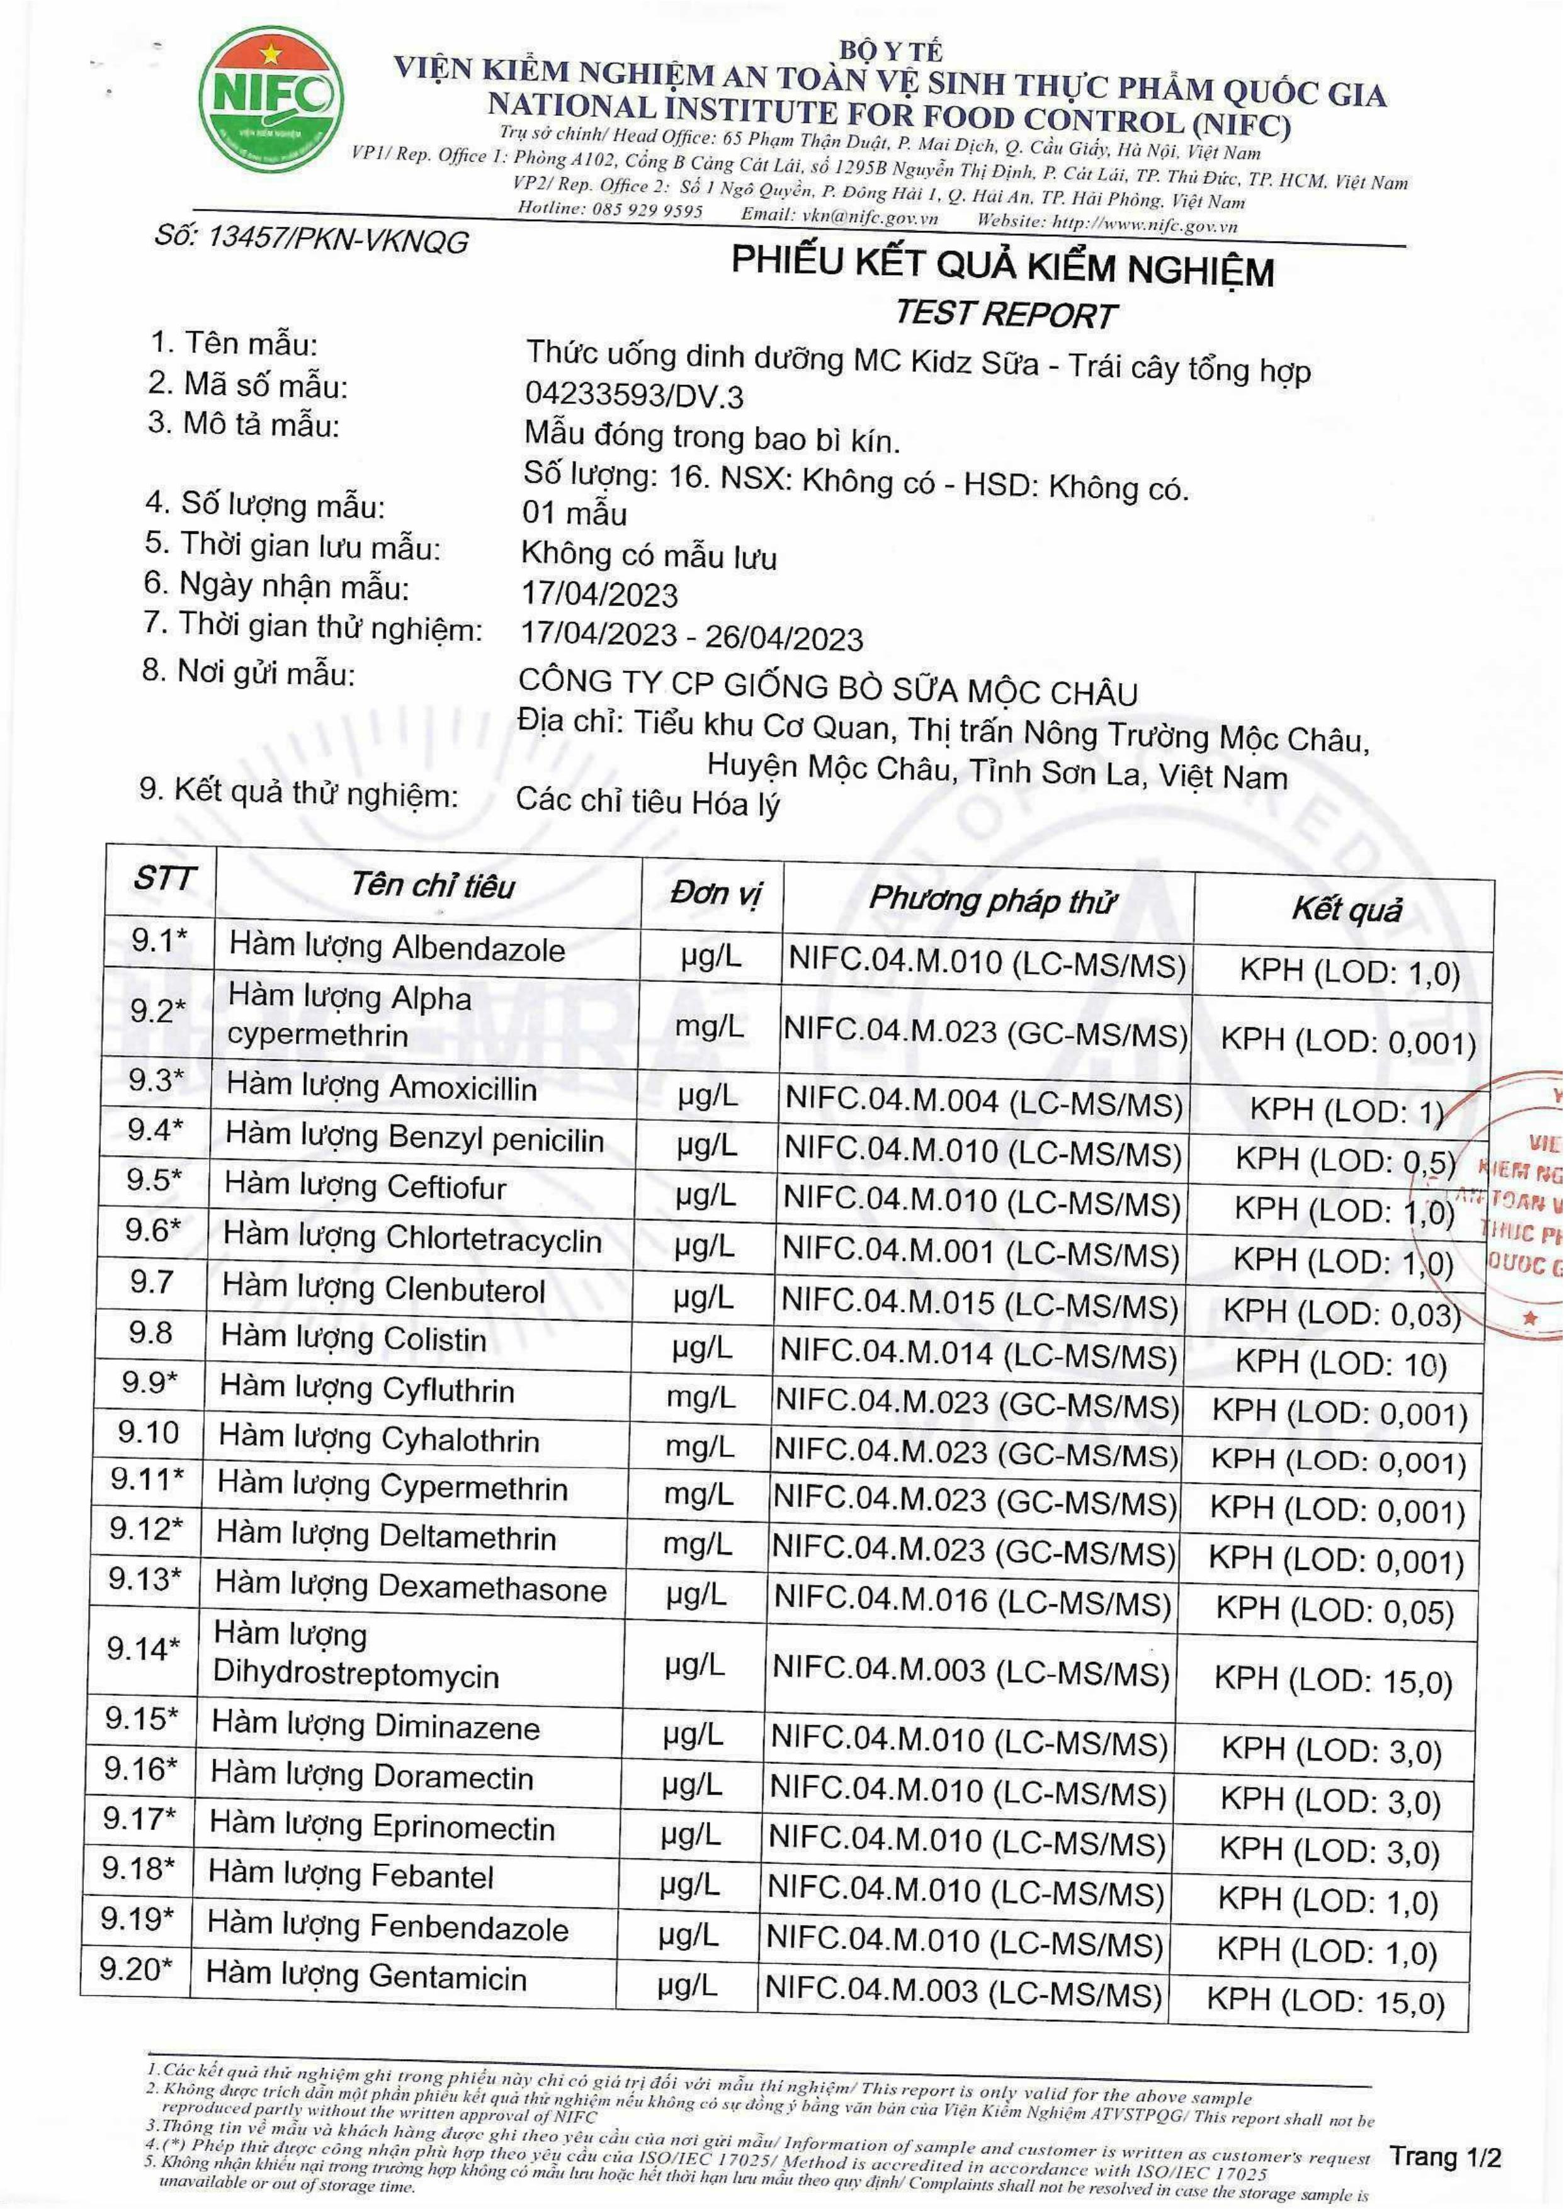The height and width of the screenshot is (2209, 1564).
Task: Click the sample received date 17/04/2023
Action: click(x=599, y=594)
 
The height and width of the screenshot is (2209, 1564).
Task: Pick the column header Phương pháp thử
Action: click(x=991, y=900)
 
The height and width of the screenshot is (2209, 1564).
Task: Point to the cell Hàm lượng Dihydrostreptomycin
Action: click(x=356, y=1655)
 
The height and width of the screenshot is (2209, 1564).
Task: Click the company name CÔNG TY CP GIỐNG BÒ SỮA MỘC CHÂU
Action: click(x=828, y=689)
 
